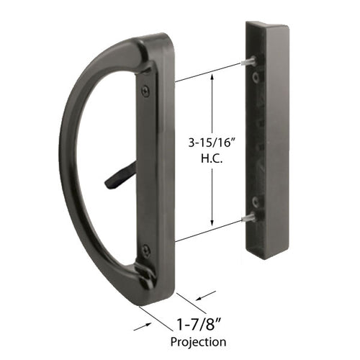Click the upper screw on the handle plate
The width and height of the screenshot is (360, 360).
[145, 90]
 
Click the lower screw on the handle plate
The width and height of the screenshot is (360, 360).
[146, 250]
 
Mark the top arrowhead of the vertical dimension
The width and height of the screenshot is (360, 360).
[212, 75]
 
